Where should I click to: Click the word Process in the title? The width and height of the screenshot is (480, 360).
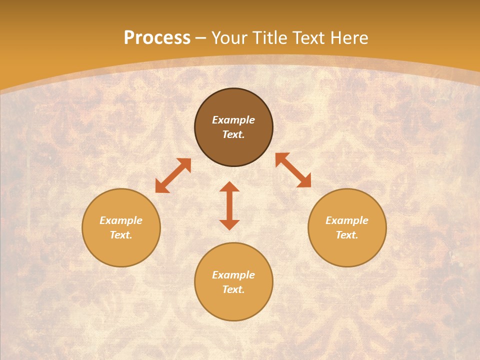[157, 38]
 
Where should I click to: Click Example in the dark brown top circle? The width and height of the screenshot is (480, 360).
[233, 120]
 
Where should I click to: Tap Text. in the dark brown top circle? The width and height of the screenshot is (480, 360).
[233, 134]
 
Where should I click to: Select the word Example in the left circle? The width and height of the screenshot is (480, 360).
[121, 220]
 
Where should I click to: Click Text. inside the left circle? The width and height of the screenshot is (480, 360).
[121, 235]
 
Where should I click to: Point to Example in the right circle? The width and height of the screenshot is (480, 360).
[347, 220]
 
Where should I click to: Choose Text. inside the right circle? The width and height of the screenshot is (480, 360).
[347, 235]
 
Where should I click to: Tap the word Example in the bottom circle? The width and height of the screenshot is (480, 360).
[233, 275]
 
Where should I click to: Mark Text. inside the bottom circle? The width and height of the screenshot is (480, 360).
[233, 289]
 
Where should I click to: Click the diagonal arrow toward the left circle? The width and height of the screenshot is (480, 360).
[173, 175]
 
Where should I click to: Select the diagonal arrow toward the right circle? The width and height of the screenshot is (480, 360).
[293, 170]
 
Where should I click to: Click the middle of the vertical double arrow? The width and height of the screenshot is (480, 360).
[229, 205]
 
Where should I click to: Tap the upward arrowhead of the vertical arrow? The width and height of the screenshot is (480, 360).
[229, 187]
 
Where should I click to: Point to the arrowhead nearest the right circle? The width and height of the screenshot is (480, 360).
[304, 181]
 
